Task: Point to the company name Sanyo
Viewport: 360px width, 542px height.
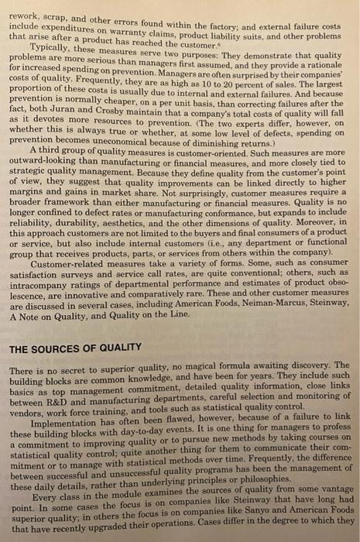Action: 265,513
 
